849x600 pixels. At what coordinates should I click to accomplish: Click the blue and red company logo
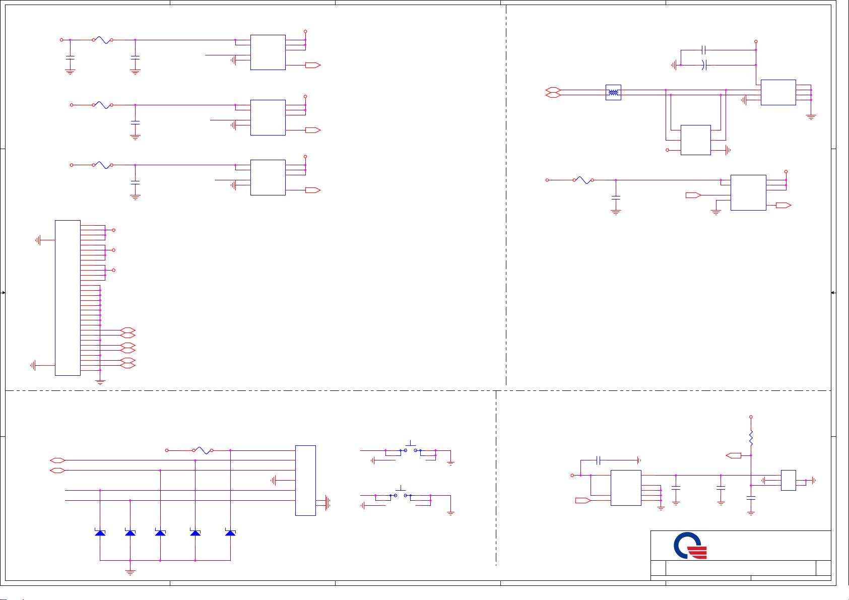pyautogui.click(x=690, y=546)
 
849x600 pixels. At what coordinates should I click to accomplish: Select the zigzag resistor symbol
pyautogui.click(x=751, y=437)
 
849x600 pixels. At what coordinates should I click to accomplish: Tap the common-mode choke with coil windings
pyautogui.click(x=613, y=92)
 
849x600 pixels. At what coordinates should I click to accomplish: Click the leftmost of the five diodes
pyautogui.click(x=100, y=532)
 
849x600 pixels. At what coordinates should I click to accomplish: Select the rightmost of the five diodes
pyautogui.click(x=230, y=532)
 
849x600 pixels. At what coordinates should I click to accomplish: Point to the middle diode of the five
pyautogui.click(x=160, y=532)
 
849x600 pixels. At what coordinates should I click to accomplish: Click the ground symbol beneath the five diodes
pyautogui.click(x=130, y=571)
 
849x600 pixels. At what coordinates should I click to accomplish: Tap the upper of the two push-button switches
pyautogui.click(x=411, y=448)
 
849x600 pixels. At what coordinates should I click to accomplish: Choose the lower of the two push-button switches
pyautogui.click(x=401, y=493)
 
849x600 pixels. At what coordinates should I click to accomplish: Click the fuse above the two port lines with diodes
pyautogui.click(x=204, y=450)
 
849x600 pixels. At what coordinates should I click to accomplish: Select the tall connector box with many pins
pyautogui.click(x=68, y=297)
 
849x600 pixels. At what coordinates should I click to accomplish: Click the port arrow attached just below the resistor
pyautogui.click(x=734, y=455)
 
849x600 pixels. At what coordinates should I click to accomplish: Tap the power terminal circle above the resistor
pyautogui.click(x=751, y=417)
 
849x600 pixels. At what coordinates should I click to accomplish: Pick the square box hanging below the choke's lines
pyautogui.click(x=695, y=140)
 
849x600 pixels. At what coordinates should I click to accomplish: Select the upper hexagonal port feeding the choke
pyautogui.click(x=553, y=90)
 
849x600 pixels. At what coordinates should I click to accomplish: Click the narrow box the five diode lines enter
pyautogui.click(x=305, y=480)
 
